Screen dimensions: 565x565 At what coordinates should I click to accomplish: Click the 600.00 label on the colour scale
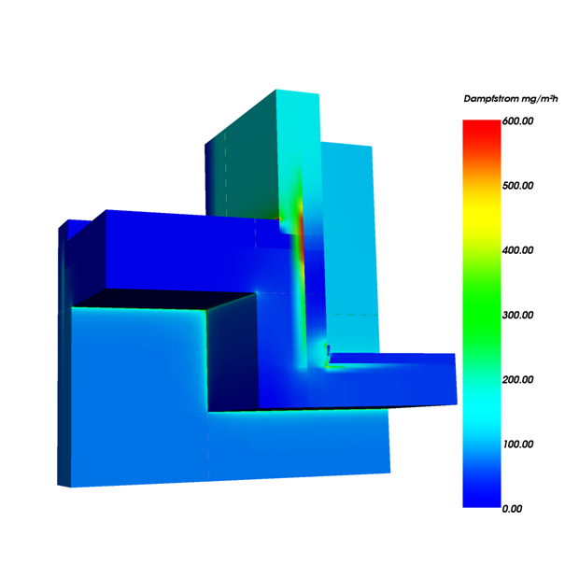pos(517,121)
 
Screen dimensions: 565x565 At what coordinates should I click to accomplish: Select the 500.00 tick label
pos(517,186)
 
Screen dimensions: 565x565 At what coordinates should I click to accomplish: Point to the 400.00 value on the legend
pos(517,250)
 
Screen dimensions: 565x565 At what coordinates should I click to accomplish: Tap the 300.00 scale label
pos(517,315)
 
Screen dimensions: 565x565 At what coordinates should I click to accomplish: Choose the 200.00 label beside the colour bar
pos(517,379)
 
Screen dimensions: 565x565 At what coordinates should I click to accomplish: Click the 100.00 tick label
pos(517,444)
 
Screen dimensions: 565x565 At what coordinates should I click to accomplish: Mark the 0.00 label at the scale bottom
pos(512,509)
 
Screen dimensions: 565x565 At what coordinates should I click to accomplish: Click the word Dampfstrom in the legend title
pos(485,99)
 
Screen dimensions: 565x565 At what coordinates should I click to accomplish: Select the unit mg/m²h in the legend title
pos(533,99)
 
